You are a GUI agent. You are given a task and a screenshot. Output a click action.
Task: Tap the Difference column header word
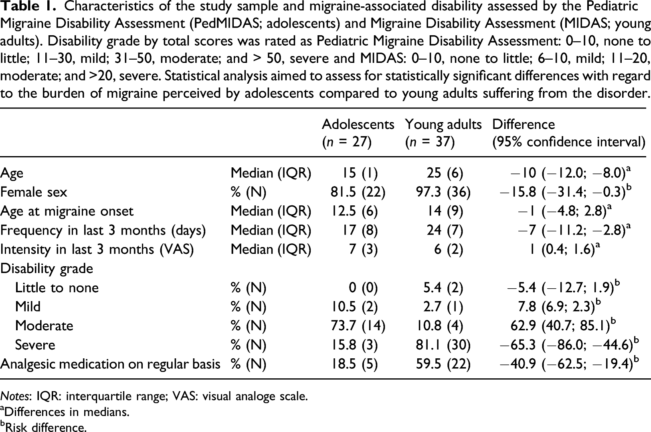tap(524, 125)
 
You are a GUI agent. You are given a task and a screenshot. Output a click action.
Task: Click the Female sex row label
tap(34, 192)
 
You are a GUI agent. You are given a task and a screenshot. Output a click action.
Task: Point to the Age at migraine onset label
tap(67, 211)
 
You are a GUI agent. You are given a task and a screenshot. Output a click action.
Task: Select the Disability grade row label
tap(47, 269)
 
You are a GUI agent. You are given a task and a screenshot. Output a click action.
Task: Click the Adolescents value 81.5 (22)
tap(358, 192)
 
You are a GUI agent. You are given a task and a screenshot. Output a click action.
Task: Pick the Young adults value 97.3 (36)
tap(443, 192)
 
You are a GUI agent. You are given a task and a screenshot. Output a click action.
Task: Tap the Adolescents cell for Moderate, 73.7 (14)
tap(358, 326)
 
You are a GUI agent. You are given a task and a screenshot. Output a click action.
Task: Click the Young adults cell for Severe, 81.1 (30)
tap(443, 345)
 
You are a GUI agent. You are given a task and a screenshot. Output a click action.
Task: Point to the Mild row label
tap(28, 307)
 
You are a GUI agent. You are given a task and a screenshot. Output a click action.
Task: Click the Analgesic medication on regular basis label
tap(110, 364)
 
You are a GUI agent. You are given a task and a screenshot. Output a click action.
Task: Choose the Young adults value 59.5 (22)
tap(443, 364)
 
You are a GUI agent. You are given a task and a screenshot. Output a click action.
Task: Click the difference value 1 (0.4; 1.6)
tap(565, 249)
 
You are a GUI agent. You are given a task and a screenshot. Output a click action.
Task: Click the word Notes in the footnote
tap(16, 396)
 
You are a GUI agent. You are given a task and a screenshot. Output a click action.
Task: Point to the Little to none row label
tap(57, 288)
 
